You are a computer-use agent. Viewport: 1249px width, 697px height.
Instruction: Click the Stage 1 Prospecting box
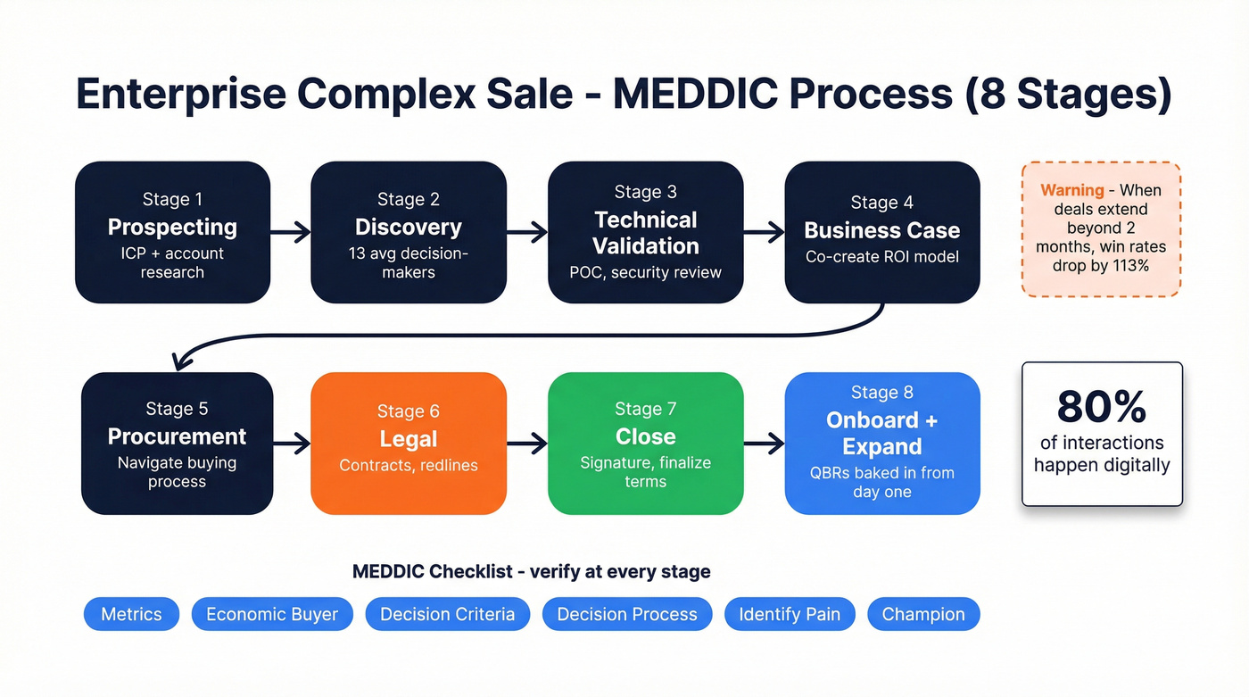point(172,232)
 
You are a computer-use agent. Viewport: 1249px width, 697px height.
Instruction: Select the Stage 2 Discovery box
point(409,232)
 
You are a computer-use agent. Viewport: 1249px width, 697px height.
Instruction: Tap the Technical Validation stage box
point(645,232)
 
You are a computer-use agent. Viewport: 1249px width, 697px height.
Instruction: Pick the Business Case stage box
point(882,232)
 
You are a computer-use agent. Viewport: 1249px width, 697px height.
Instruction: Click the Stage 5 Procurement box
point(177,443)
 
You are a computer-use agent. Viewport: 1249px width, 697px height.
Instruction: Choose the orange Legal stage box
point(409,443)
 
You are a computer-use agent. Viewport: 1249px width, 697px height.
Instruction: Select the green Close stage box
point(645,443)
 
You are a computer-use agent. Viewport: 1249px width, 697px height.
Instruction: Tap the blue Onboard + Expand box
point(882,443)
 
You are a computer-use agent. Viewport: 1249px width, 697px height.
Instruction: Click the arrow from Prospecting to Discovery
point(291,233)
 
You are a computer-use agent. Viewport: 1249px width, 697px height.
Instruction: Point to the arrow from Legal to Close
point(527,443)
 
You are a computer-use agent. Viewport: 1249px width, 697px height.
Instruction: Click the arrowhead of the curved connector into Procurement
point(182,361)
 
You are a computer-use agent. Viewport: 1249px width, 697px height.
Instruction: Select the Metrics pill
point(131,614)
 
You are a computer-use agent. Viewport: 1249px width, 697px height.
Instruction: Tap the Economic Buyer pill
point(272,614)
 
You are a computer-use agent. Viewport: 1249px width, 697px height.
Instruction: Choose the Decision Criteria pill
point(447,614)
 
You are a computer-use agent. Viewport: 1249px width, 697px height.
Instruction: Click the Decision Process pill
point(627,614)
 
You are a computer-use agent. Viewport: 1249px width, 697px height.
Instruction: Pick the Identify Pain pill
point(790,614)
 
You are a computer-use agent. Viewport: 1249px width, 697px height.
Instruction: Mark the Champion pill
point(923,614)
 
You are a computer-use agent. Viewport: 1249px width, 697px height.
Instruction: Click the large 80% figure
point(1102,407)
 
